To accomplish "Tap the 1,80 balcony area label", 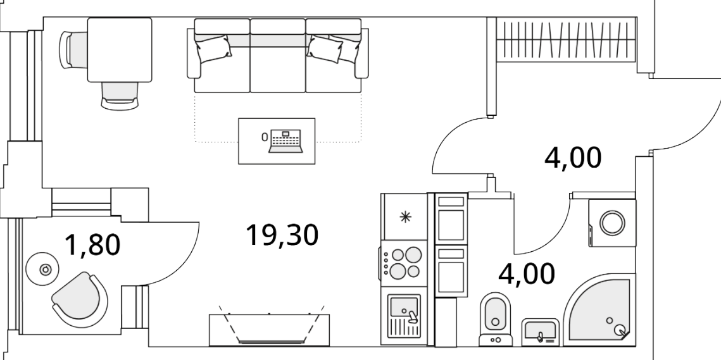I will pos(92,244).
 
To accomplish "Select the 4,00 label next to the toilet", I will pos(527,274).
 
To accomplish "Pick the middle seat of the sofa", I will pos(278,56).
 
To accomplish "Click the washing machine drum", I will pos(612,223).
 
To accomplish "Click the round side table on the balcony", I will pos(44,270).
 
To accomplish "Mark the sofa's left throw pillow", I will pos(213,49).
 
